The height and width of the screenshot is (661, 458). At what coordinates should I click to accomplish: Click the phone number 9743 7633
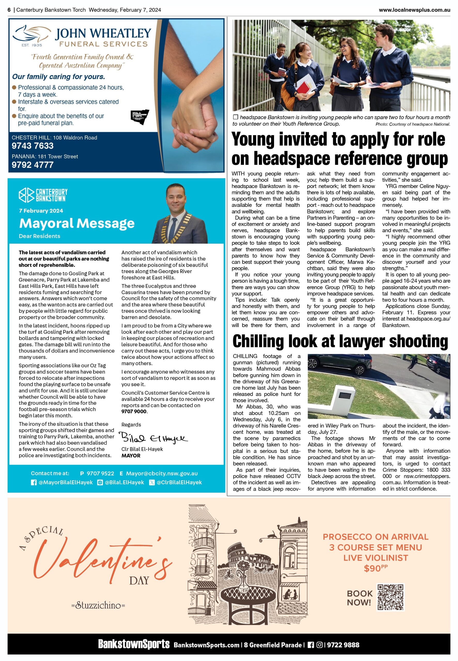coord(33,146)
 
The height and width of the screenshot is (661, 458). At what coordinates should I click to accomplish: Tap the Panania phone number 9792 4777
coord(33,165)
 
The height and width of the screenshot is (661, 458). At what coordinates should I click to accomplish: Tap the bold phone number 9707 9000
coord(134,412)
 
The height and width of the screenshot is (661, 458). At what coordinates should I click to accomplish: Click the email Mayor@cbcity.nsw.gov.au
coord(162,474)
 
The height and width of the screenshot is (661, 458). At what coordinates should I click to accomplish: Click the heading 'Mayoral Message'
coord(77,223)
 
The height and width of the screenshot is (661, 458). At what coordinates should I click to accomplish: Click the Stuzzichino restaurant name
coord(98,605)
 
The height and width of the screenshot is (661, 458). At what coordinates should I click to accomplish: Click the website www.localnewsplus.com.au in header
coord(414,10)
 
